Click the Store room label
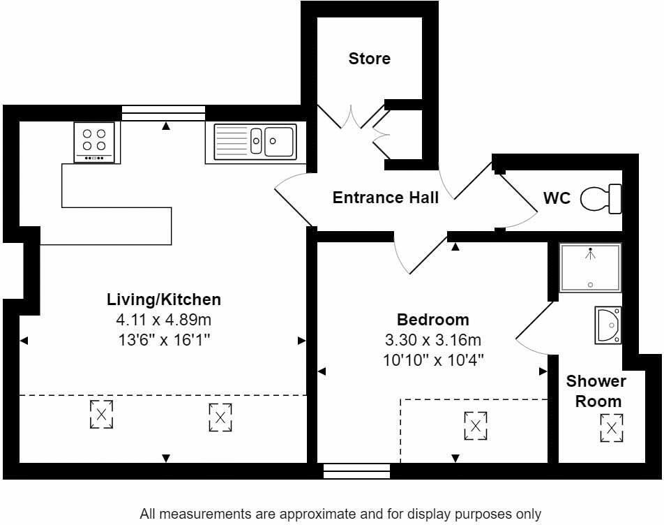369,59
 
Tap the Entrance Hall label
385,198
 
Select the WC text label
557,198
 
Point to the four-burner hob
94,142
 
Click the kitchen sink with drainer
255,142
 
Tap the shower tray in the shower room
590,268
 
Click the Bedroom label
432,320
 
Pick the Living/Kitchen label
164,300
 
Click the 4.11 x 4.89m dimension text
164,320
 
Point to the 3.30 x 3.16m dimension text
432,340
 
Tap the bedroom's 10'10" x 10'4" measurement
433,360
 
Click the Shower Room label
597,391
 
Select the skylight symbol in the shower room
612,429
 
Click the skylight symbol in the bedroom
476,426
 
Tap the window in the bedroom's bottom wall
356,471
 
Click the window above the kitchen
163,113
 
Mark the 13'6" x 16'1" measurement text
164,340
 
